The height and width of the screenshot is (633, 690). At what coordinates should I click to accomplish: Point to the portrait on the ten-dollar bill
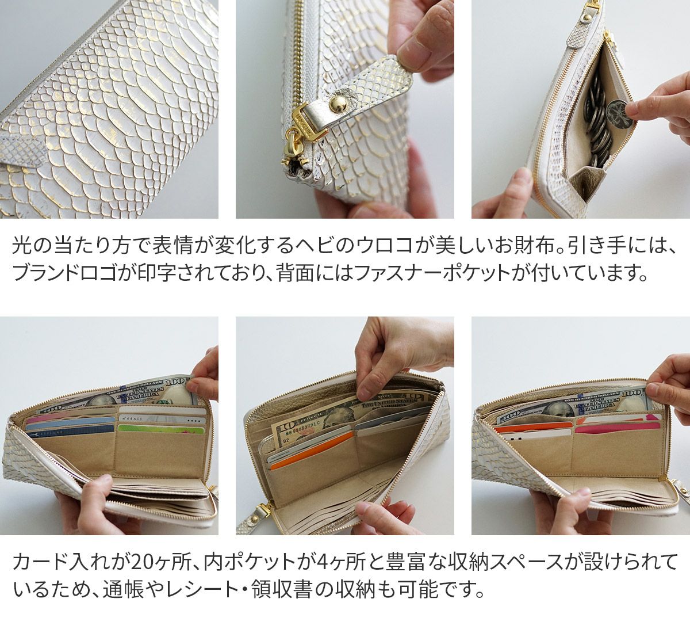pyautogui.click(x=335, y=417)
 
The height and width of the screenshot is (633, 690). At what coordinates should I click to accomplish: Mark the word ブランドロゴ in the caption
pyautogui.click(x=65, y=271)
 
